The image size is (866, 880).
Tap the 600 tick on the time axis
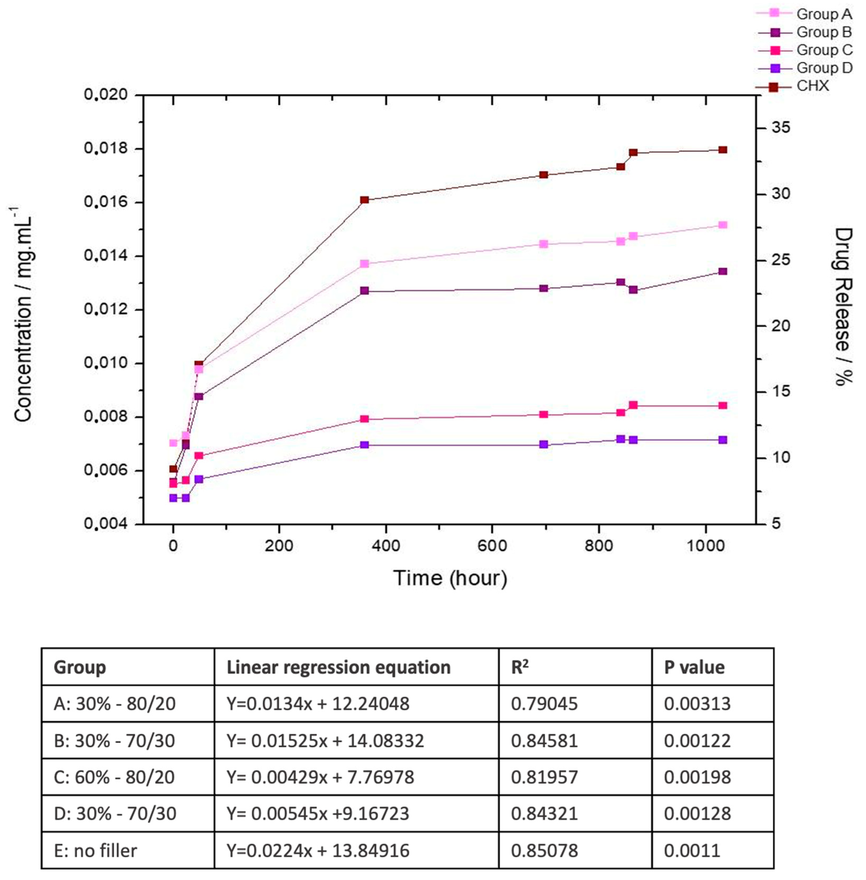492,546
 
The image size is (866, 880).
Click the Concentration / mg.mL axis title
23,314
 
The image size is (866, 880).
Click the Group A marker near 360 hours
364,264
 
